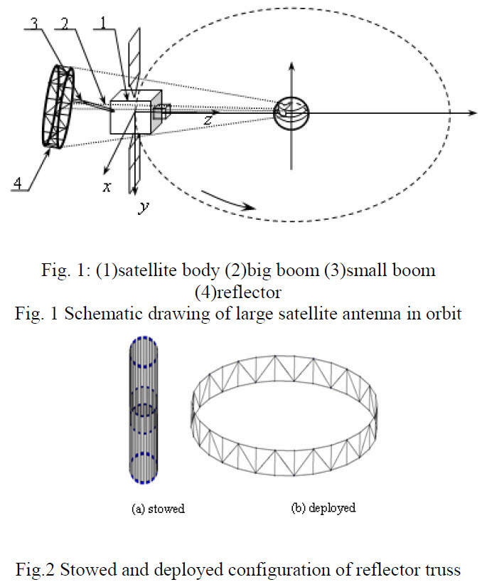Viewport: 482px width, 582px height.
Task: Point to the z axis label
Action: pos(207,120)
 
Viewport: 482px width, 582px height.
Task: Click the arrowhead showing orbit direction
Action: pos(249,208)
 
